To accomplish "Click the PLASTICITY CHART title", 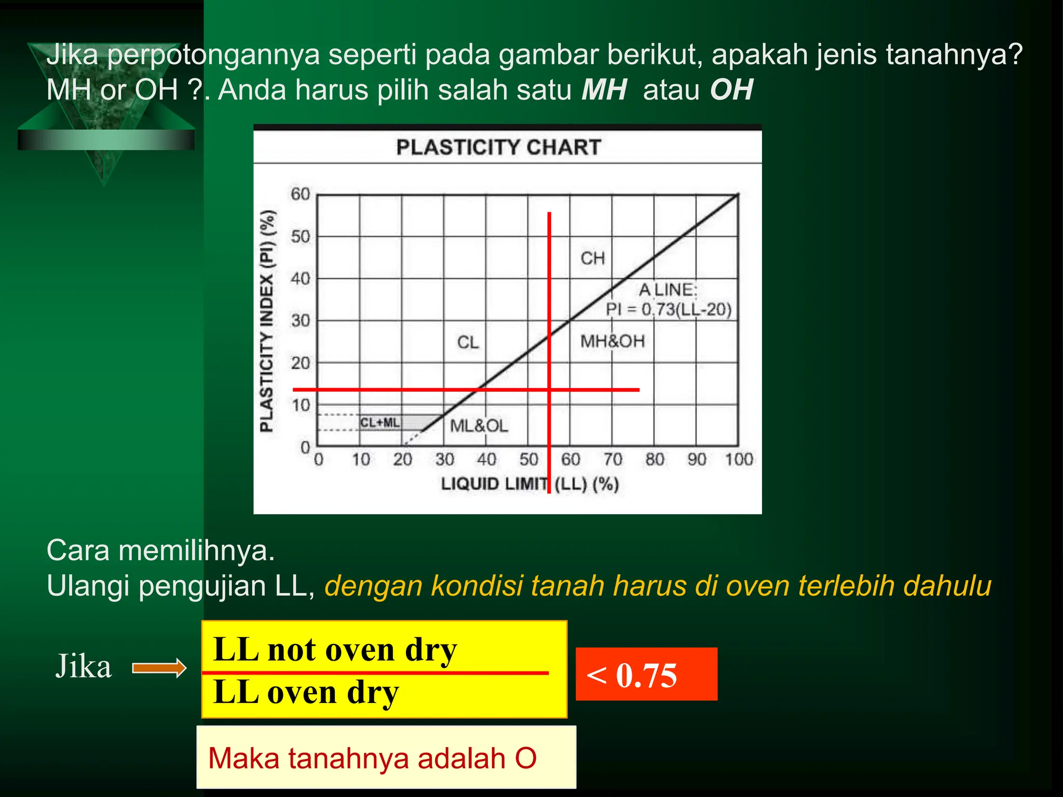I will coord(498,147).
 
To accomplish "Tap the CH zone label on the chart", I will coord(592,258).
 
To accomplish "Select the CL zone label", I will coord(468,342).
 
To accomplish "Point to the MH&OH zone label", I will coord(612,341).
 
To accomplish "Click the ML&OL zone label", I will coord(479,426).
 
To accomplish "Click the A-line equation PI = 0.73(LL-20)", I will coord(669,310).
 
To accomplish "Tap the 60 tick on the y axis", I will coord(300,194).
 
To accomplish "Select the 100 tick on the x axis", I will coord(739,460).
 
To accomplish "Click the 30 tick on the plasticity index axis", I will coord(300,321).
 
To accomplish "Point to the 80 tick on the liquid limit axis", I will coord(655,460).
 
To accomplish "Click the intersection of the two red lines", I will coord(549,389).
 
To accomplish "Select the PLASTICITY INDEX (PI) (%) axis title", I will coord(267,321).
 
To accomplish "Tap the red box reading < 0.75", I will coord(646,675).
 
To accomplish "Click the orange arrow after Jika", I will coord(159,668).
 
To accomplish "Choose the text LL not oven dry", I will coord(335,650).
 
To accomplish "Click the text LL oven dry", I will coord(306,693).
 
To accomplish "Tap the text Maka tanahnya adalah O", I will coord(372,758).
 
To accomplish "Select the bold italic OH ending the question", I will coord(731,90).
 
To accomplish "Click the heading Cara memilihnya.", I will coord(160,551).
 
